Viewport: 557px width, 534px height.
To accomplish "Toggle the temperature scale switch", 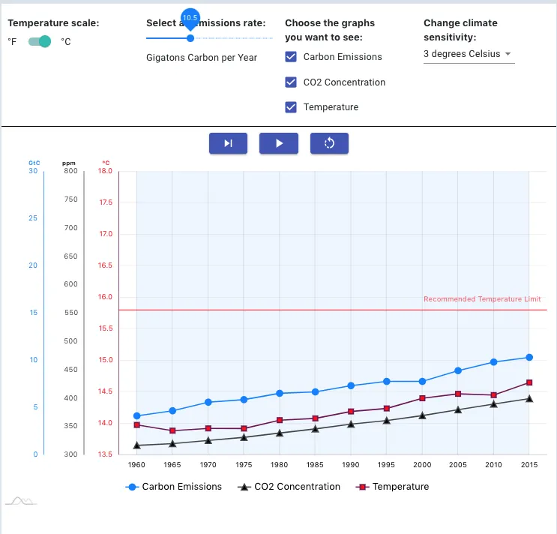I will (x=40, y=41).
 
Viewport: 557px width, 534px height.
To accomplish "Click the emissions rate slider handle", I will (x=190, y=37).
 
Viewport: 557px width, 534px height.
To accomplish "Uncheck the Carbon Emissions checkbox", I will (x=292, y=57).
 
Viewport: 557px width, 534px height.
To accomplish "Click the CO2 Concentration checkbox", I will (x=292, y=82).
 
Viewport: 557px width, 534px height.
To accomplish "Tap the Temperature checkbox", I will (x=292, y=107).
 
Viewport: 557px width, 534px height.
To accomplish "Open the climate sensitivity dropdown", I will (x=469, y=54).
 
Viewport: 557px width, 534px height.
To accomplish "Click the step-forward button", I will (x=228, y=143).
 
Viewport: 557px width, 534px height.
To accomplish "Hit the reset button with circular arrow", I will (x=329, y=143).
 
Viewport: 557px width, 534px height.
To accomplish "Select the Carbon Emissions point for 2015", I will (x=529, y=357).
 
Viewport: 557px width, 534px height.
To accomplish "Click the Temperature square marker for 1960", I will (x=136, y=425).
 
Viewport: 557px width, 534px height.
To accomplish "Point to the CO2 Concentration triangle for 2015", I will (x=529, y=398).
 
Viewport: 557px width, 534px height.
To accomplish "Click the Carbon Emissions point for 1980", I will (x=279, y=393).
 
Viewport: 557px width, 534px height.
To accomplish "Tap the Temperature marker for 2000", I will (x=422, y=398).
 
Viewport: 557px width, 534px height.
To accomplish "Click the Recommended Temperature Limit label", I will (x=481, y=299).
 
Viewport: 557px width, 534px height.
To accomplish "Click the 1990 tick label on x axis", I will (x=350, y=465).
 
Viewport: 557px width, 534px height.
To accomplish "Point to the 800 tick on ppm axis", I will (x=70, y=171).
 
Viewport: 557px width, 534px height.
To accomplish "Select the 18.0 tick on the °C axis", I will (x=105, y=171).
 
